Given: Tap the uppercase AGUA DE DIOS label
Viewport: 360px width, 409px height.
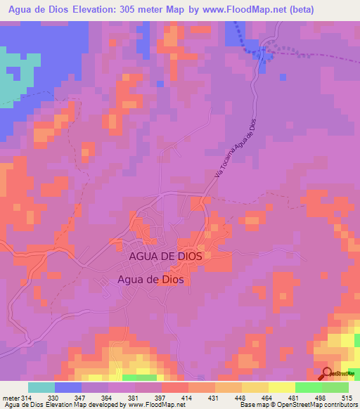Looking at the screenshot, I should click(166, 257).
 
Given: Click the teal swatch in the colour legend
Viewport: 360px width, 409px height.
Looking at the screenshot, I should click(41, 387).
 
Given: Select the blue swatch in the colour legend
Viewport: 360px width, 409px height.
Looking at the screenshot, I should click(68, 387).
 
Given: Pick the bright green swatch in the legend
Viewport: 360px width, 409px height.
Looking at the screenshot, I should click(309, 387).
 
